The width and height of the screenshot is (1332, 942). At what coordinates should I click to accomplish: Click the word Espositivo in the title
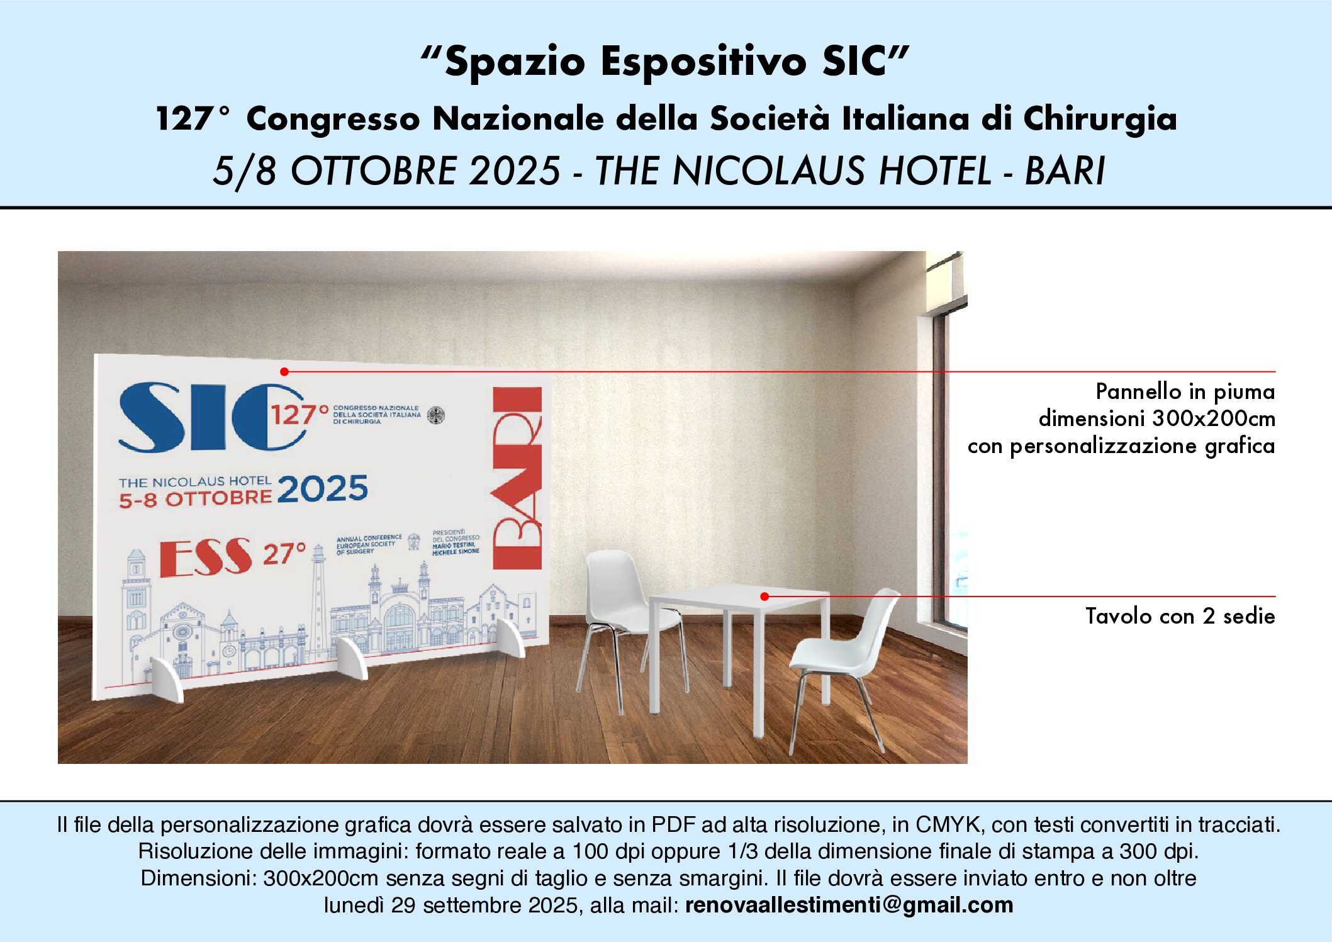pos(703,62)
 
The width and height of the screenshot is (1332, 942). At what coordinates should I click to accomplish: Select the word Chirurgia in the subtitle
pos(1100,119)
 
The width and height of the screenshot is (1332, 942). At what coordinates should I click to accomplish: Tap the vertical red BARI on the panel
pos(517,478)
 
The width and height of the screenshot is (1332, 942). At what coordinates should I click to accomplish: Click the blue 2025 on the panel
pos(322,490)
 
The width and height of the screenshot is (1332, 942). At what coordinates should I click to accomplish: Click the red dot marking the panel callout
pos(284,372)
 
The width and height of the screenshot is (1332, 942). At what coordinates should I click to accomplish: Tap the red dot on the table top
pos(764,596)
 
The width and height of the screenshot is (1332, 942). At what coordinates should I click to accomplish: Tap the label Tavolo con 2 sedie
pos(1180,616)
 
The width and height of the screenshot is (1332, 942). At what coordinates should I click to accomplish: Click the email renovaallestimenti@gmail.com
pos(849,905)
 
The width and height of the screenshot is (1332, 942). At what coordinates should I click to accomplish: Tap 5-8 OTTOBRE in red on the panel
pos(195,500)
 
